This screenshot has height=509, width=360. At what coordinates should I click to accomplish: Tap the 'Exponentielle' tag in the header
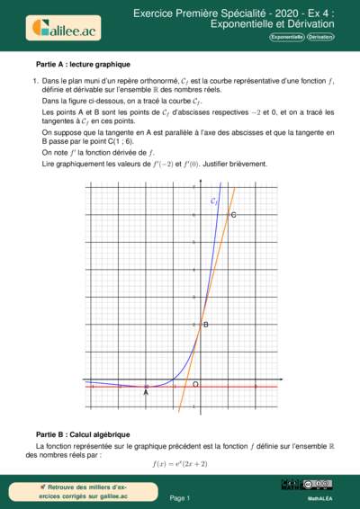(285, 38)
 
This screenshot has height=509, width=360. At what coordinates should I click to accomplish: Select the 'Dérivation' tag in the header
(319, 38)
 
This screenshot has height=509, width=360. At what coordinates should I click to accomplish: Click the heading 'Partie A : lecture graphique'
(83, 65)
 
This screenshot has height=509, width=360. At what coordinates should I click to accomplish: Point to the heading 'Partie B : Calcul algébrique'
(83, 434)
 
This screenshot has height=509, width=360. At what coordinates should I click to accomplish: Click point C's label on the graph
(234, 216)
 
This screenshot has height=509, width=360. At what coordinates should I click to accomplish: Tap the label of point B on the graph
(206, 324)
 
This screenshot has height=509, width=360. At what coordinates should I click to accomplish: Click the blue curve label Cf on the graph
(213, 201)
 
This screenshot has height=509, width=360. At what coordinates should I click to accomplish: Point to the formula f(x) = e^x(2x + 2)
(180, 464)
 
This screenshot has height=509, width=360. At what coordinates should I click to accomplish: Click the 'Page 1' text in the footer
(180, 496)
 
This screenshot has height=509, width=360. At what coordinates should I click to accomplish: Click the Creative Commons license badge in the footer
(319, 485)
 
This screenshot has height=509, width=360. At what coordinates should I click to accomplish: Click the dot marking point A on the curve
(146, 387)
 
